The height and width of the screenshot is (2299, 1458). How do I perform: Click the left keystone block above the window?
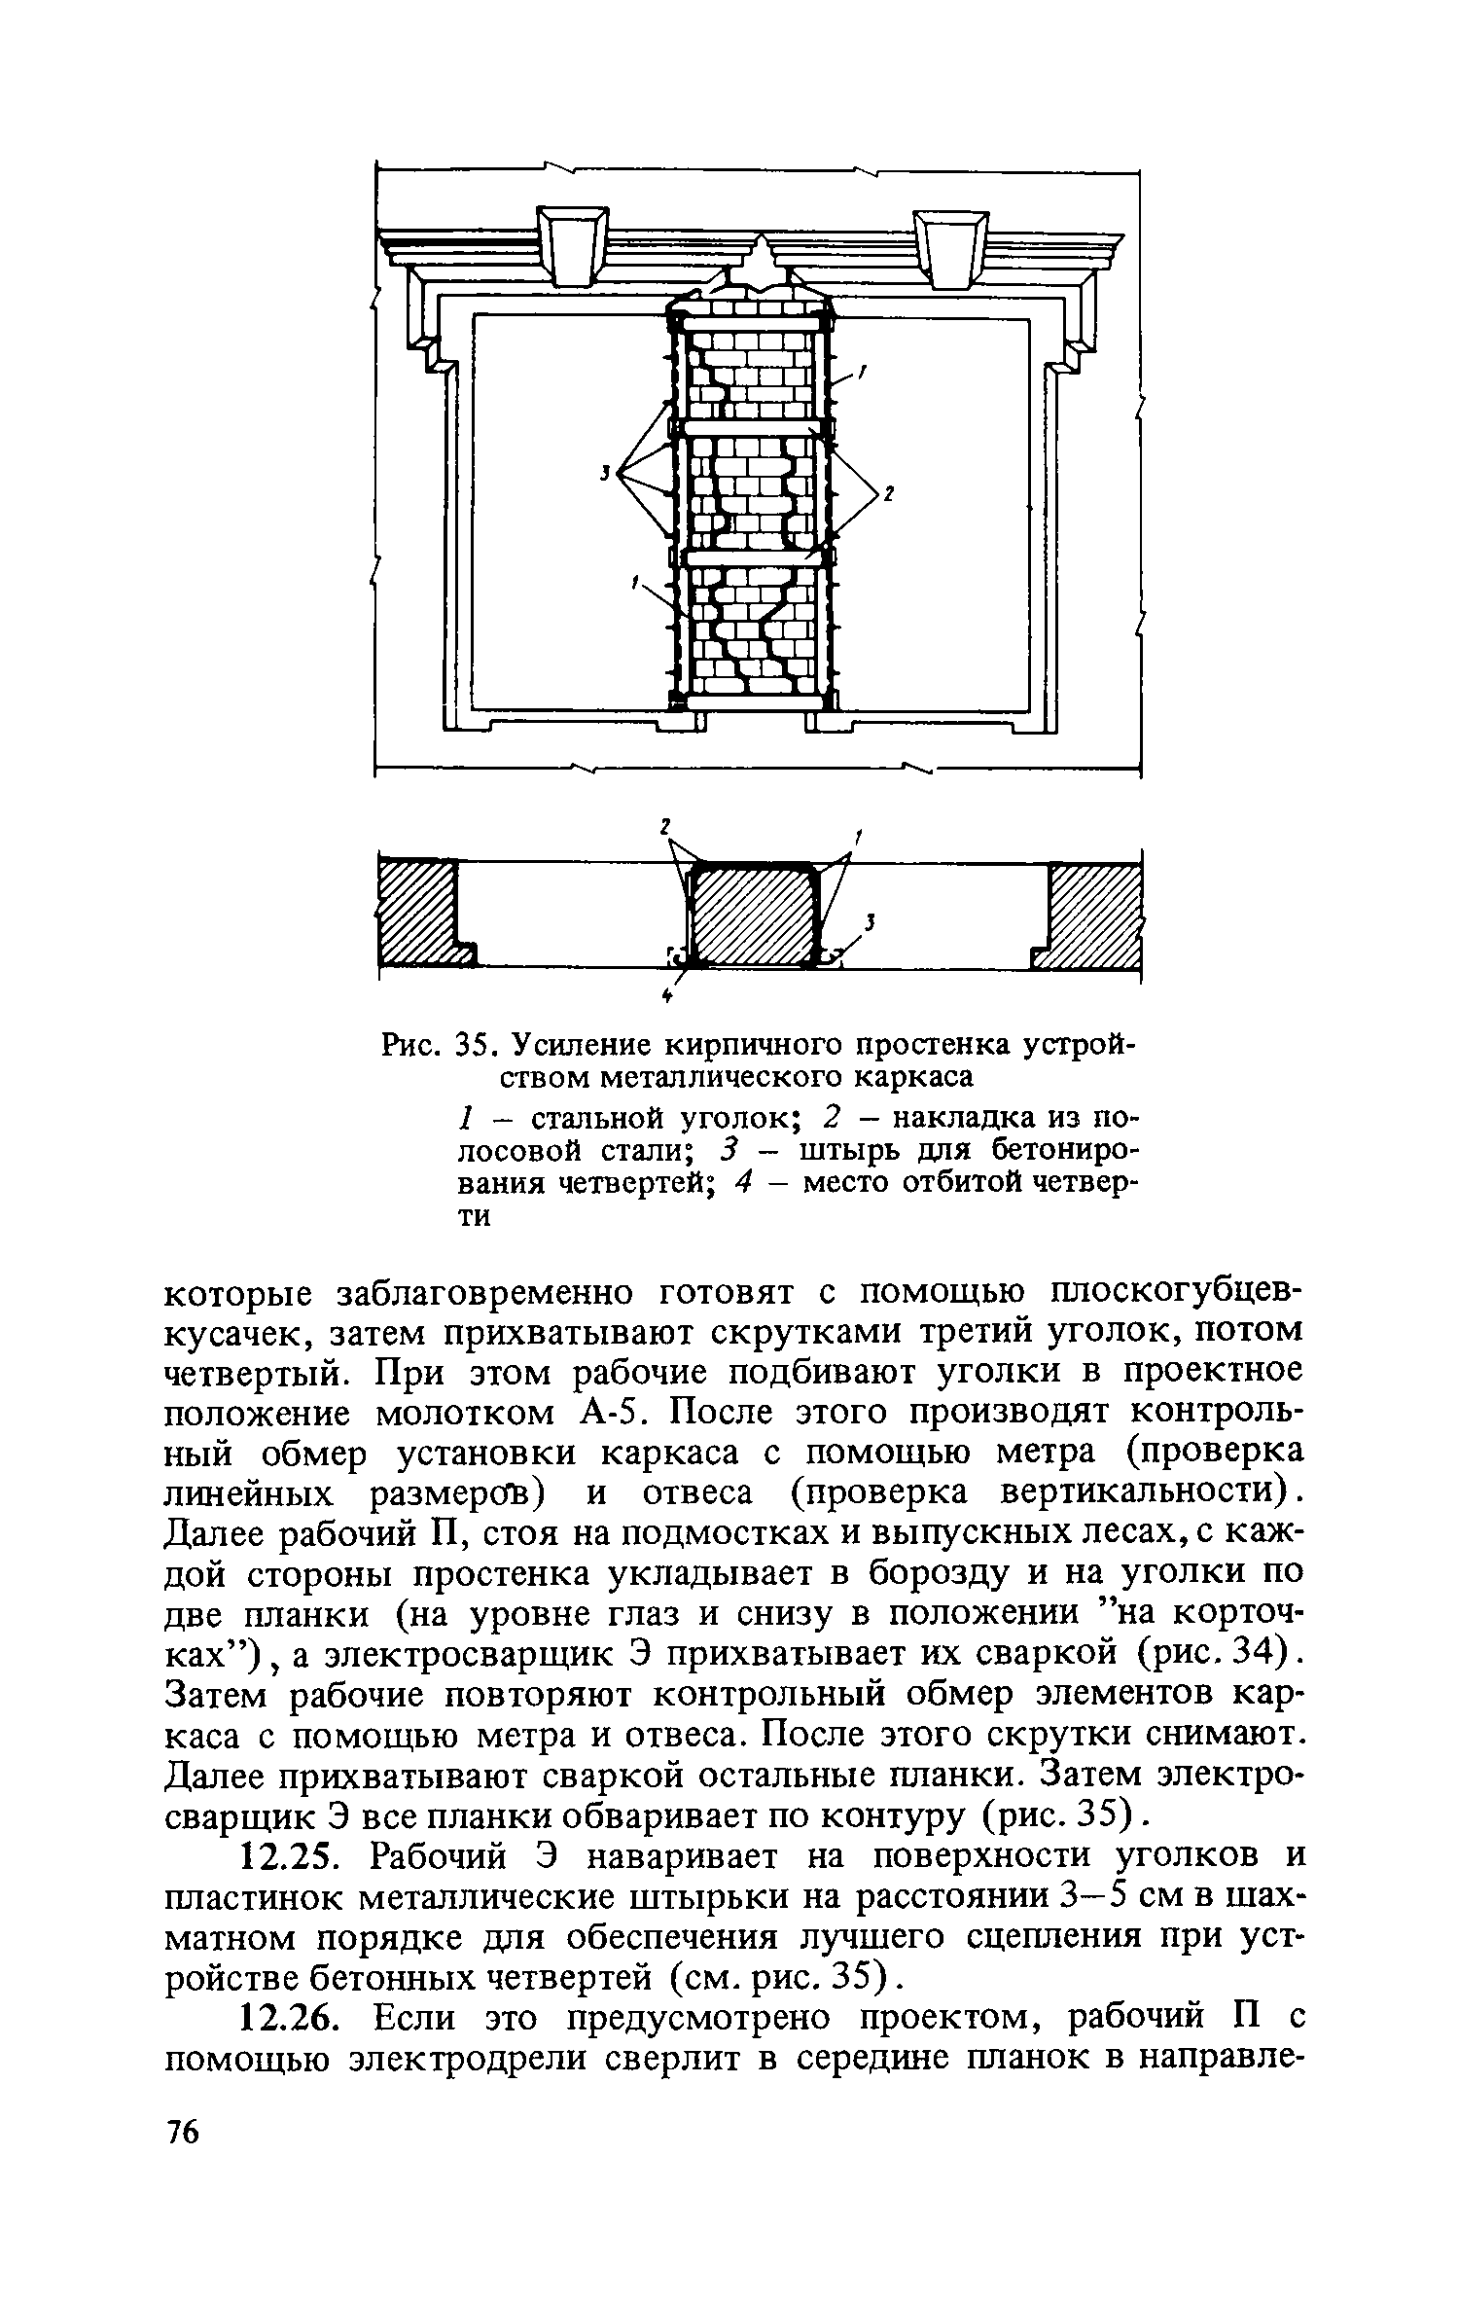[573, 246]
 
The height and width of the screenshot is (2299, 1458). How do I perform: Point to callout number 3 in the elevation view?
[604, 473]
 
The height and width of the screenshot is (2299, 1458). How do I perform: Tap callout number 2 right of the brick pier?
[888, 495]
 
